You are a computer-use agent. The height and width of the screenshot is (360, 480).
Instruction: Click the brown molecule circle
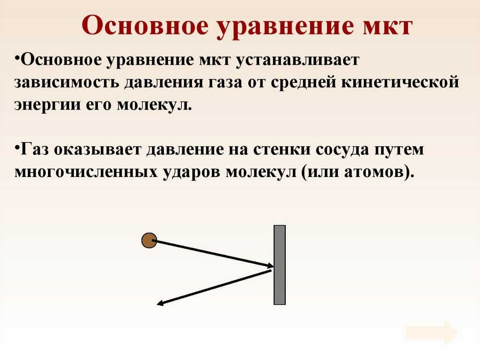click(x=149, y=240)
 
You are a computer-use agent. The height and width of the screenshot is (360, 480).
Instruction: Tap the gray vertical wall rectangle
click(x=279, y=265)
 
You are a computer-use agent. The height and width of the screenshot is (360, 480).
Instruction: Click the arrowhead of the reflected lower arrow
click(x=160, y=303)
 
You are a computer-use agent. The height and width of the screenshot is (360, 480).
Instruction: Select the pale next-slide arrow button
click(x=432, y=332)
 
